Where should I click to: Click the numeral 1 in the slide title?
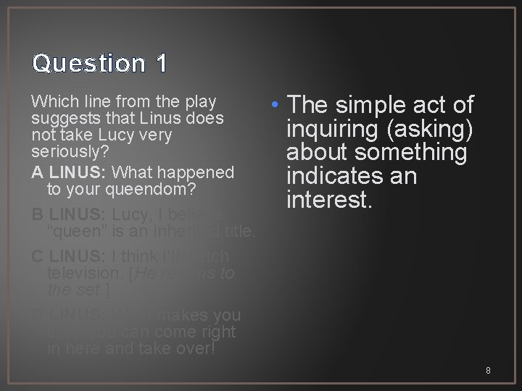coord(160,64)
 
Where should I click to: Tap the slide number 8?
coord(488,370)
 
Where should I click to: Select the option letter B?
coord(38,215)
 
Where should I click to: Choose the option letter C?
coord(38,257)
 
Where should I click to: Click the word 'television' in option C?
coord(83,274)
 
